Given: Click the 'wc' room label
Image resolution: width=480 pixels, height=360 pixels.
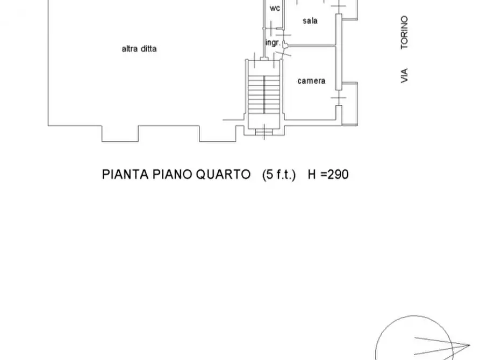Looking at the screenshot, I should tap(275, 9).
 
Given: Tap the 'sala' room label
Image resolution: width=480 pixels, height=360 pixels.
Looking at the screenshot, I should tap(310, 21).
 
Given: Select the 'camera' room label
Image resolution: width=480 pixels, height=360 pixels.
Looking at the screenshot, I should tap(311, 81).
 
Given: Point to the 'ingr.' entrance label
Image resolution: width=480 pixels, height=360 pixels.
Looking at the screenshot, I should tap(273, 42).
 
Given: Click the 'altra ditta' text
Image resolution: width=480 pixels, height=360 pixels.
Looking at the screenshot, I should tap(139, 49).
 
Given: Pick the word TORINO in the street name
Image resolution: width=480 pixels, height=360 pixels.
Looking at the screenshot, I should tap(404, 33).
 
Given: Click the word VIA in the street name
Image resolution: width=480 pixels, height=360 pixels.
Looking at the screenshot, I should tap(404, 75).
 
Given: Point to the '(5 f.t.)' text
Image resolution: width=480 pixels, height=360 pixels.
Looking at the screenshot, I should tap(279, 175).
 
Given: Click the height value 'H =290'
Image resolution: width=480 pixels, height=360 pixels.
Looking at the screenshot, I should tap(328, 175).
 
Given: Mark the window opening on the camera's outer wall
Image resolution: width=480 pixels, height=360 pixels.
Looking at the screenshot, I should tap(338, 98).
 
